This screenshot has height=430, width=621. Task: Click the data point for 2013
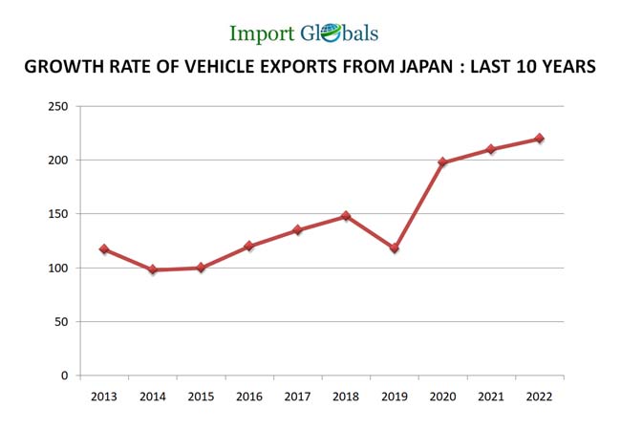pyautogui.click(x=104, y=249)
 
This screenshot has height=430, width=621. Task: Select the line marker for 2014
pyautogui.click(x=152, y=269)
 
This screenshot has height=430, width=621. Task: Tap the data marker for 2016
pyautogui.click(x=249, y=246)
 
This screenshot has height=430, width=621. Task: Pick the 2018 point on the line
pyautogui.click(x=346, y=216)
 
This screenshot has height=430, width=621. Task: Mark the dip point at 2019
pyautogui.click(x=394, y=248)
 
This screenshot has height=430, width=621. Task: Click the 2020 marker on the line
pyautogui.click(x=442, y=162)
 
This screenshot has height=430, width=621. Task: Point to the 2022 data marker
pyautogui.click(x=539, y=139)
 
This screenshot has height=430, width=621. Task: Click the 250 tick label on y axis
pyautogui.click(x=58, y=106)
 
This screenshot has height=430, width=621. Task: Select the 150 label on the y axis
pyautogui.click(x=58, y=214)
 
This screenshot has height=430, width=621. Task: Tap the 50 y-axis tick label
pyautogui.click(x=61, y=322)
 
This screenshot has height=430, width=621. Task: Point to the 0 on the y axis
pyautogui.click(x=65, y=376)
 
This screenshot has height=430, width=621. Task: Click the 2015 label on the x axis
pyautogui.click(x=201, y=396)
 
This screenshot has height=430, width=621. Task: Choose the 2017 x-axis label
pyautogui.click(x=297, y=396)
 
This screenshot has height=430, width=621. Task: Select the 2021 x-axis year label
pyautogui.click(x=490, y=396)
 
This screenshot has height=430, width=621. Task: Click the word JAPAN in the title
pyautogui.click(x=414, y=67)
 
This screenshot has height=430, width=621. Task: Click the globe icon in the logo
pyautogui.click(x=331, y=33)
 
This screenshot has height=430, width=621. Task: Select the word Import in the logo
pyautogui.click(x=262, y=33)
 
